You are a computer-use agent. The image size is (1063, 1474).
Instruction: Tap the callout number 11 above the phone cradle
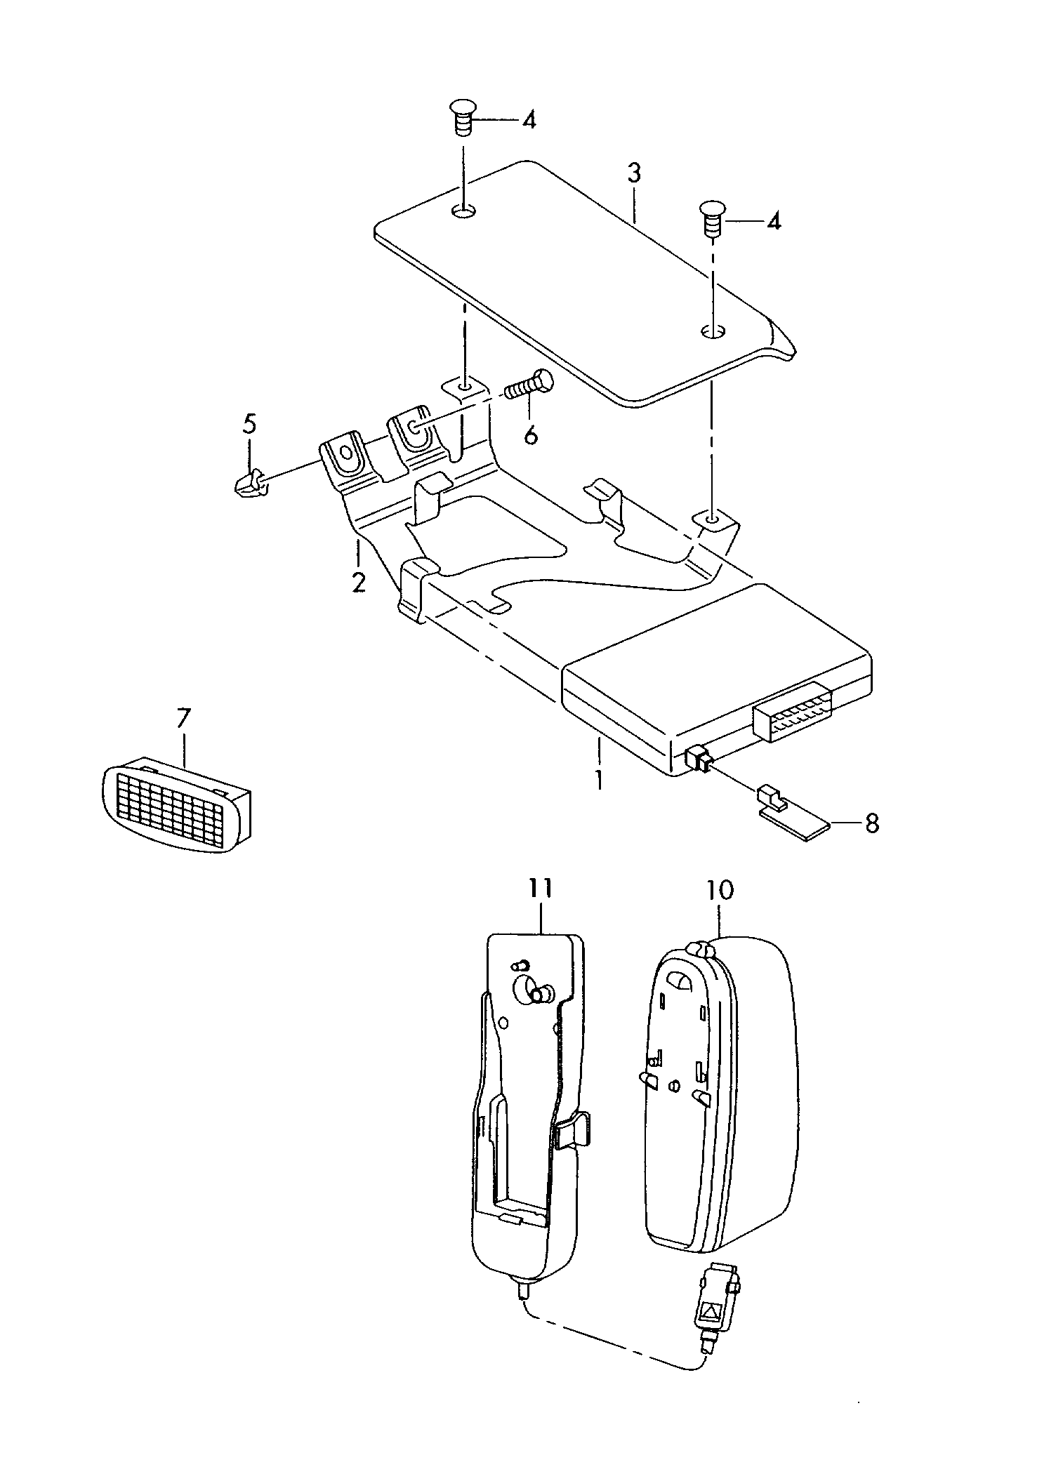[x=541, y=889]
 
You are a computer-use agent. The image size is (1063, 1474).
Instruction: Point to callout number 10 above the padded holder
[x=720, y=891]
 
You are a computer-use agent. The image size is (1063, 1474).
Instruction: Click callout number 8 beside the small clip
[x=872, y=823]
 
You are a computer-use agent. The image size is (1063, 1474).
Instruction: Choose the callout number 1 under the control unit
[x=599, y=780]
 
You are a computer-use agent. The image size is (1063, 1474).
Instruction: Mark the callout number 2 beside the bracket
[x=359, y=582]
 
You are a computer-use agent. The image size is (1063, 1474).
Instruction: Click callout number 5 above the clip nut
[x=249, y=424]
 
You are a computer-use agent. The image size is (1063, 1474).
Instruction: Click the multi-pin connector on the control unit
[x=793, y=710]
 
